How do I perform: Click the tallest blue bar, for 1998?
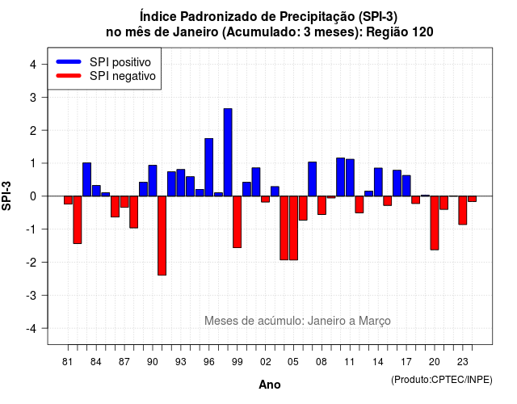pyautogui.click(x=228, y=153)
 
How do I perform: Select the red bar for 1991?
pyautogui.click(x=162, y=235)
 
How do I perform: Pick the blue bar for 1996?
pyautogui.click(x=208, y=167)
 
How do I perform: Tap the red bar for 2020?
pyautogui.click(x=435, y=223)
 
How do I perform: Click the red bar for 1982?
pyautogui.click(x=78, y=220)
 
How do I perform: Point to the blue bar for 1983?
pyautogui.click(x=86, y=179)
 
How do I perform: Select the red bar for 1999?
pyautogui.click(x=237, y=222)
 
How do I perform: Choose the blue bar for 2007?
pyautogui.click(x=313, y=179)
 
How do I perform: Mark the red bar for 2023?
pyautogui.click(x=463, y=210)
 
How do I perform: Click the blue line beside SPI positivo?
pyautogui.click(x=69, y=61)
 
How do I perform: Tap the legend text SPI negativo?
pyautogui.click(x=123, y=76)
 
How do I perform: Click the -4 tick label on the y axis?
pyautogui.click(x=32, y=329)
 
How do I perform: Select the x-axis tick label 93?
pyautogui.click(x=181, y=362)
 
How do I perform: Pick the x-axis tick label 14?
pyautogui.click(x=378, y=362)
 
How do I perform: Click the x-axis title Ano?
pyautogui.click(x=270, y=385)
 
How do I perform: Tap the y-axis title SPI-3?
pyautogui.click(x=6, y=196)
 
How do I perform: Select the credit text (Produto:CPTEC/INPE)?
pyautogui.click(x=442, y=380)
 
